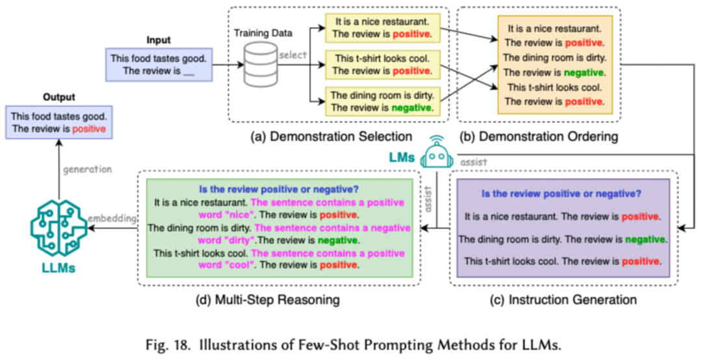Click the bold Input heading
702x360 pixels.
(x=159, y=40)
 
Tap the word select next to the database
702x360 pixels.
(x=292, y=55)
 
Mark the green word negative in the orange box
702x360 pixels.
(x=583, y=72)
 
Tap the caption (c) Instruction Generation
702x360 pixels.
(x=564, y=300)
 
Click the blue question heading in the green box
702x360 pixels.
(x=279, y=189)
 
